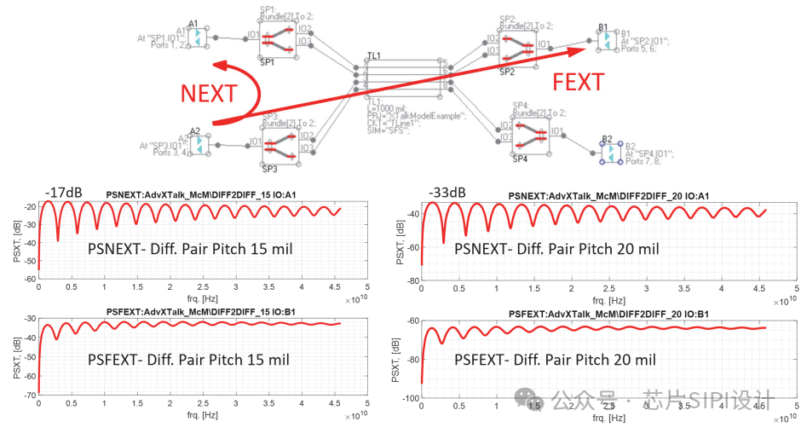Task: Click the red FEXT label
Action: [x=579, y=83]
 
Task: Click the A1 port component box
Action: [x=197, y=38]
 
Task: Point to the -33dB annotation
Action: [x=448, y=192]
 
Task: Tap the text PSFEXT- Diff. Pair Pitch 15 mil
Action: [x=188, y=360]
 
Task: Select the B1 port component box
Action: [x=602, y=38]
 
